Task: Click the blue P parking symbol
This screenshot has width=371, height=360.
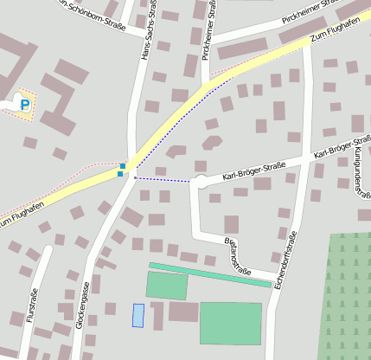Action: tap(24, 105)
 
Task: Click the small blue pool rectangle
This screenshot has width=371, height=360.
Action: tap(138, 315)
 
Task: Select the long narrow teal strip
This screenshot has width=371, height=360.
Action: tap(209, 273)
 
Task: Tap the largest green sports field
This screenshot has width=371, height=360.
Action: tap(230, 323)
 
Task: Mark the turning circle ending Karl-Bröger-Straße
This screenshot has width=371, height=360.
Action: tap(201, 182)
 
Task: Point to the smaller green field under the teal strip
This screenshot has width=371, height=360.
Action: tap(166, 286)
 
